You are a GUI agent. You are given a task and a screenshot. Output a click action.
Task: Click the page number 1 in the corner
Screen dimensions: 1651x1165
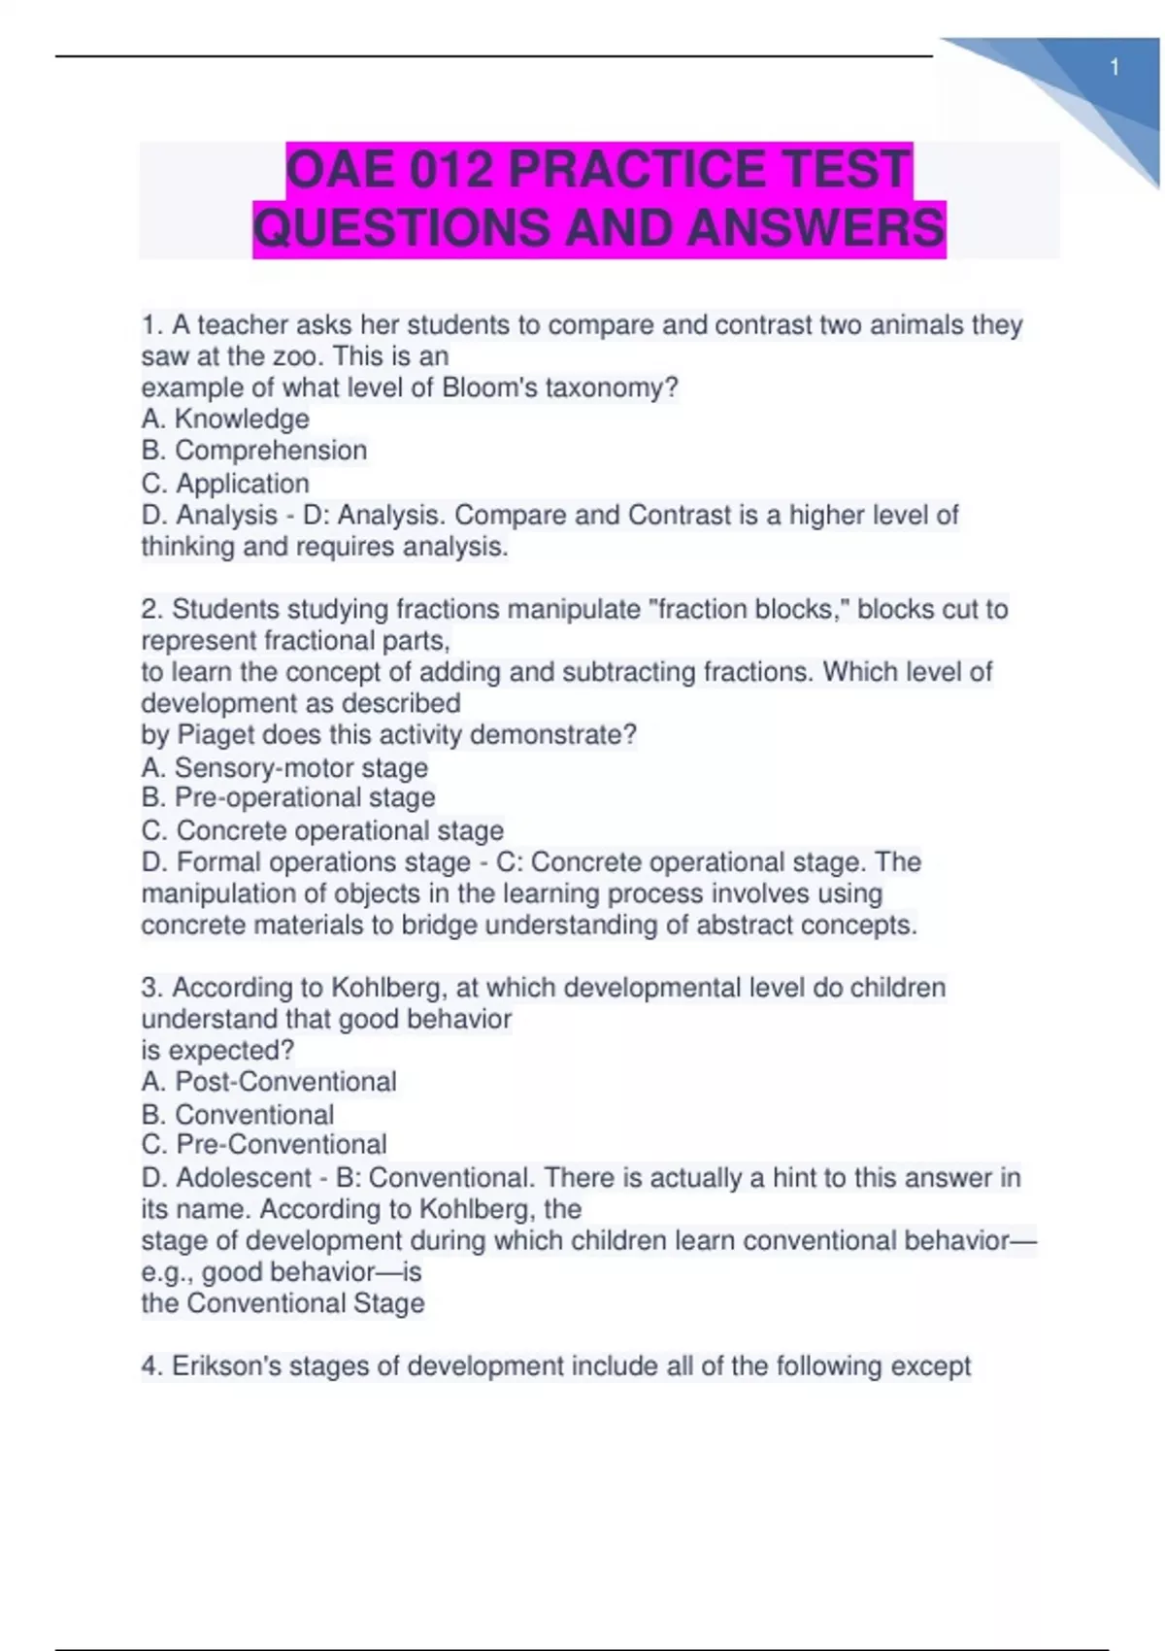coord(1115,68)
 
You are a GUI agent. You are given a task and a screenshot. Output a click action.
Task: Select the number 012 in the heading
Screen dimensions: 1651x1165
coord(450,170)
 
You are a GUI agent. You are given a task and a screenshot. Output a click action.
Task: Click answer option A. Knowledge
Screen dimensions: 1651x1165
coord(225,420)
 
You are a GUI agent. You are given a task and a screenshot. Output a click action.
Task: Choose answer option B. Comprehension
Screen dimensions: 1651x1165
coord(254,451)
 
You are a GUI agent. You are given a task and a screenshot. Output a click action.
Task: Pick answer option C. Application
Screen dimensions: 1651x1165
coord(225,484)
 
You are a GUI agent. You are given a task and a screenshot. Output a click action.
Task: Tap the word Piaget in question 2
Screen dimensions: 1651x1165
coord(216,735)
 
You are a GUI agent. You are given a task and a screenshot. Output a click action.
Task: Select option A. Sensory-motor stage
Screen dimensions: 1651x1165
coord(284,768)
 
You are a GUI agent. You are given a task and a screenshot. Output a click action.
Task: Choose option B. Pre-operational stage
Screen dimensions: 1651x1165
coord(288,798)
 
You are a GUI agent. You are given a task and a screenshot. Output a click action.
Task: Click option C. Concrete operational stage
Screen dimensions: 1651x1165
coord(322,831)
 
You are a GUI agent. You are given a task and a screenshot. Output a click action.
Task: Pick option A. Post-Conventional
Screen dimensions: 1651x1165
coord(269,1082)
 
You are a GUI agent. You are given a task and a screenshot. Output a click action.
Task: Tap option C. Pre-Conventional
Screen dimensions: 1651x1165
coord(264,1145)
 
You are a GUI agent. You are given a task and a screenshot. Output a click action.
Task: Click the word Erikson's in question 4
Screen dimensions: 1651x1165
coord(225,1366)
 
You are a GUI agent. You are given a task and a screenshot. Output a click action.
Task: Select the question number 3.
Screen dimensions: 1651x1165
coord(150,988)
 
